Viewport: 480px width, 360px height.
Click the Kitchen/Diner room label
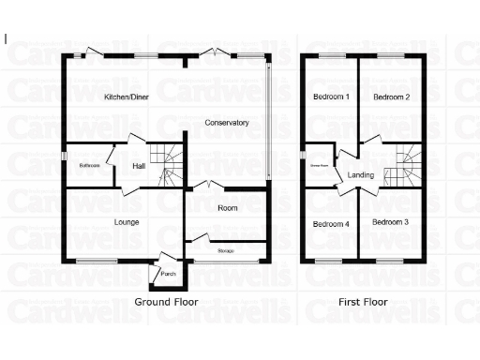point(126,97)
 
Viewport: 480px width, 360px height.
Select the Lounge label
point(127,222)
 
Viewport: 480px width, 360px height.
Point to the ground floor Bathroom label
point(89,166)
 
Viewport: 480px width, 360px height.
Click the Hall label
point(139,166)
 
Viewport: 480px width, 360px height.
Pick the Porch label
point(169,274)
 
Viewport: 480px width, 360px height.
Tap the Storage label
point(225,251)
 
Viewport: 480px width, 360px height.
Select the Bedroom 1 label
point(331,97)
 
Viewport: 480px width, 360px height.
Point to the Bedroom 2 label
point(391,97)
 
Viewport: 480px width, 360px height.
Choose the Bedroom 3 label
point(390,222)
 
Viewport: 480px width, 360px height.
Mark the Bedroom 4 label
point(331,224)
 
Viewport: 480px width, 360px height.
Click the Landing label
point(361,175)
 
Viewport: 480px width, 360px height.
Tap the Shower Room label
point(319,165)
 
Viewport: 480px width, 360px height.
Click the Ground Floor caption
point(166,302)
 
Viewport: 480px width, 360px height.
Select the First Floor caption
point(363,302)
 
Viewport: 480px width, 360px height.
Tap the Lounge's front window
point(97,261)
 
